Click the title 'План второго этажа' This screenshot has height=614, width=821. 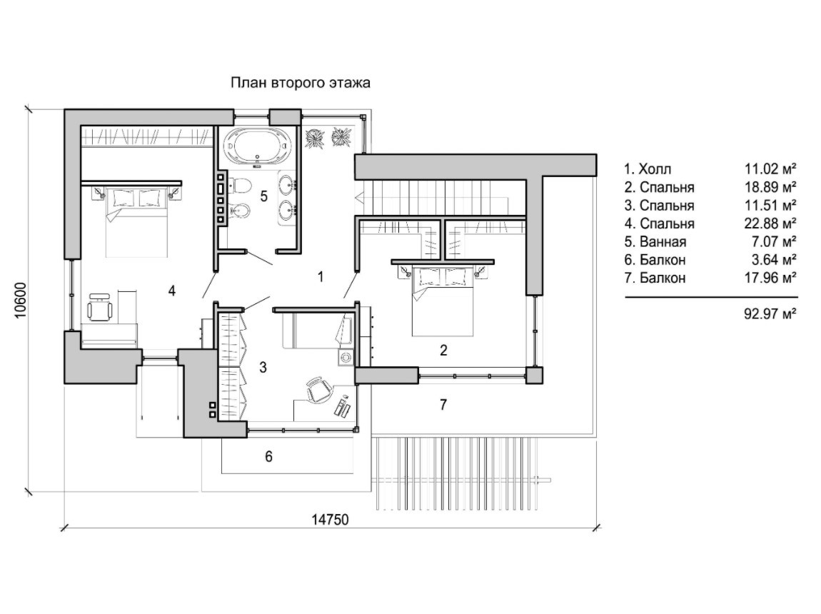[301, 84]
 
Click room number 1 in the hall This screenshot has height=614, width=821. [321, 277]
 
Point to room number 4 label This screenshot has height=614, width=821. [171, 290]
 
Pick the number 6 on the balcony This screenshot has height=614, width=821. [268, 457]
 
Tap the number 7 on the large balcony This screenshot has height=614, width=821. [443, 405]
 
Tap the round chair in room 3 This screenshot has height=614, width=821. [318, 390]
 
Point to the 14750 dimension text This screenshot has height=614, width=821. [330, 520]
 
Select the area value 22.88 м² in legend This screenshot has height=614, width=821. [770, 223]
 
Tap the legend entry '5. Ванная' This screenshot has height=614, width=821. [655, 241]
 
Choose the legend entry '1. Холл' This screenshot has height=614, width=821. [648, 169]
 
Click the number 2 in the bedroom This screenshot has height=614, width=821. [443, 350]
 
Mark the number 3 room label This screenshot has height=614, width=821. [263, 368]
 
